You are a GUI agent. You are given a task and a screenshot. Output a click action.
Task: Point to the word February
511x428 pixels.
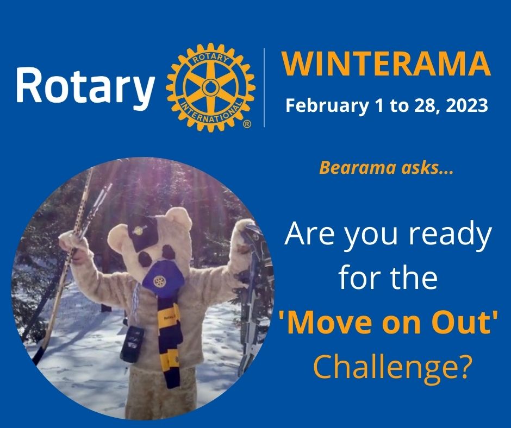pos(327,106)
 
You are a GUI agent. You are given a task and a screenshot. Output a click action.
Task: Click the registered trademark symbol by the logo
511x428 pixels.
pos(247,124)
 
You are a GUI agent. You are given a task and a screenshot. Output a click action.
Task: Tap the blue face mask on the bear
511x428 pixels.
pos(163,278)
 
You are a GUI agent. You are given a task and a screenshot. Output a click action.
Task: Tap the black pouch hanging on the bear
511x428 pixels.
pos(132,344)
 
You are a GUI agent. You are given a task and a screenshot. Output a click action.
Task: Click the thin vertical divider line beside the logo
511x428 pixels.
pos(264,87)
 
